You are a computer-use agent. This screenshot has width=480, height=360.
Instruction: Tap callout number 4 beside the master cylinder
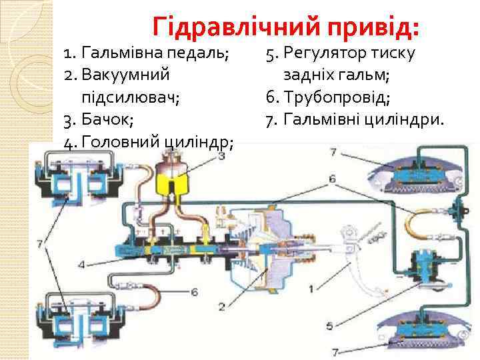click(81, 265)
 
